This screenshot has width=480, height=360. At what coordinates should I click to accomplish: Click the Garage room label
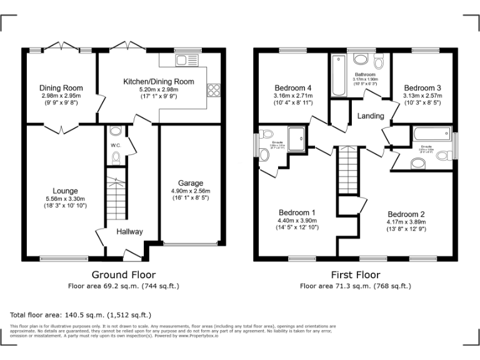[x=191, y=183]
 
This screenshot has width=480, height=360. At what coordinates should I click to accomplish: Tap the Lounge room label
[x=65, y=191]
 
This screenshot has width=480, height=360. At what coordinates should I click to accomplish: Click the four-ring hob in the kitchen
[x=214, y=89]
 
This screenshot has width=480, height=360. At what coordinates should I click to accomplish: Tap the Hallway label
[x=129, y=232]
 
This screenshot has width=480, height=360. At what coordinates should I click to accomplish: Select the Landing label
[x=370, y=116]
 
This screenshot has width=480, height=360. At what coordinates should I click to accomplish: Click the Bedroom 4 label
[x=293, y=87]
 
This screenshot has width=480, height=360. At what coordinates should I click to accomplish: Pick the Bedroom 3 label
[x=422, y=87]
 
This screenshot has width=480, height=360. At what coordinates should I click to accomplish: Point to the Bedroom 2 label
[x=406, y=214]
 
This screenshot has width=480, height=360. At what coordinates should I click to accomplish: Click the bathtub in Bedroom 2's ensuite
[x=431, y=132]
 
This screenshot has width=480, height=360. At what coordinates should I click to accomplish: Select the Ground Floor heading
[x=124, y=274]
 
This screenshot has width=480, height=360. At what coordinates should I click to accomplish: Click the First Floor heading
[x=355, y=274]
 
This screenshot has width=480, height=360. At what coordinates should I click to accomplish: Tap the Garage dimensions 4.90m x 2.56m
[x=191, y=191]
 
